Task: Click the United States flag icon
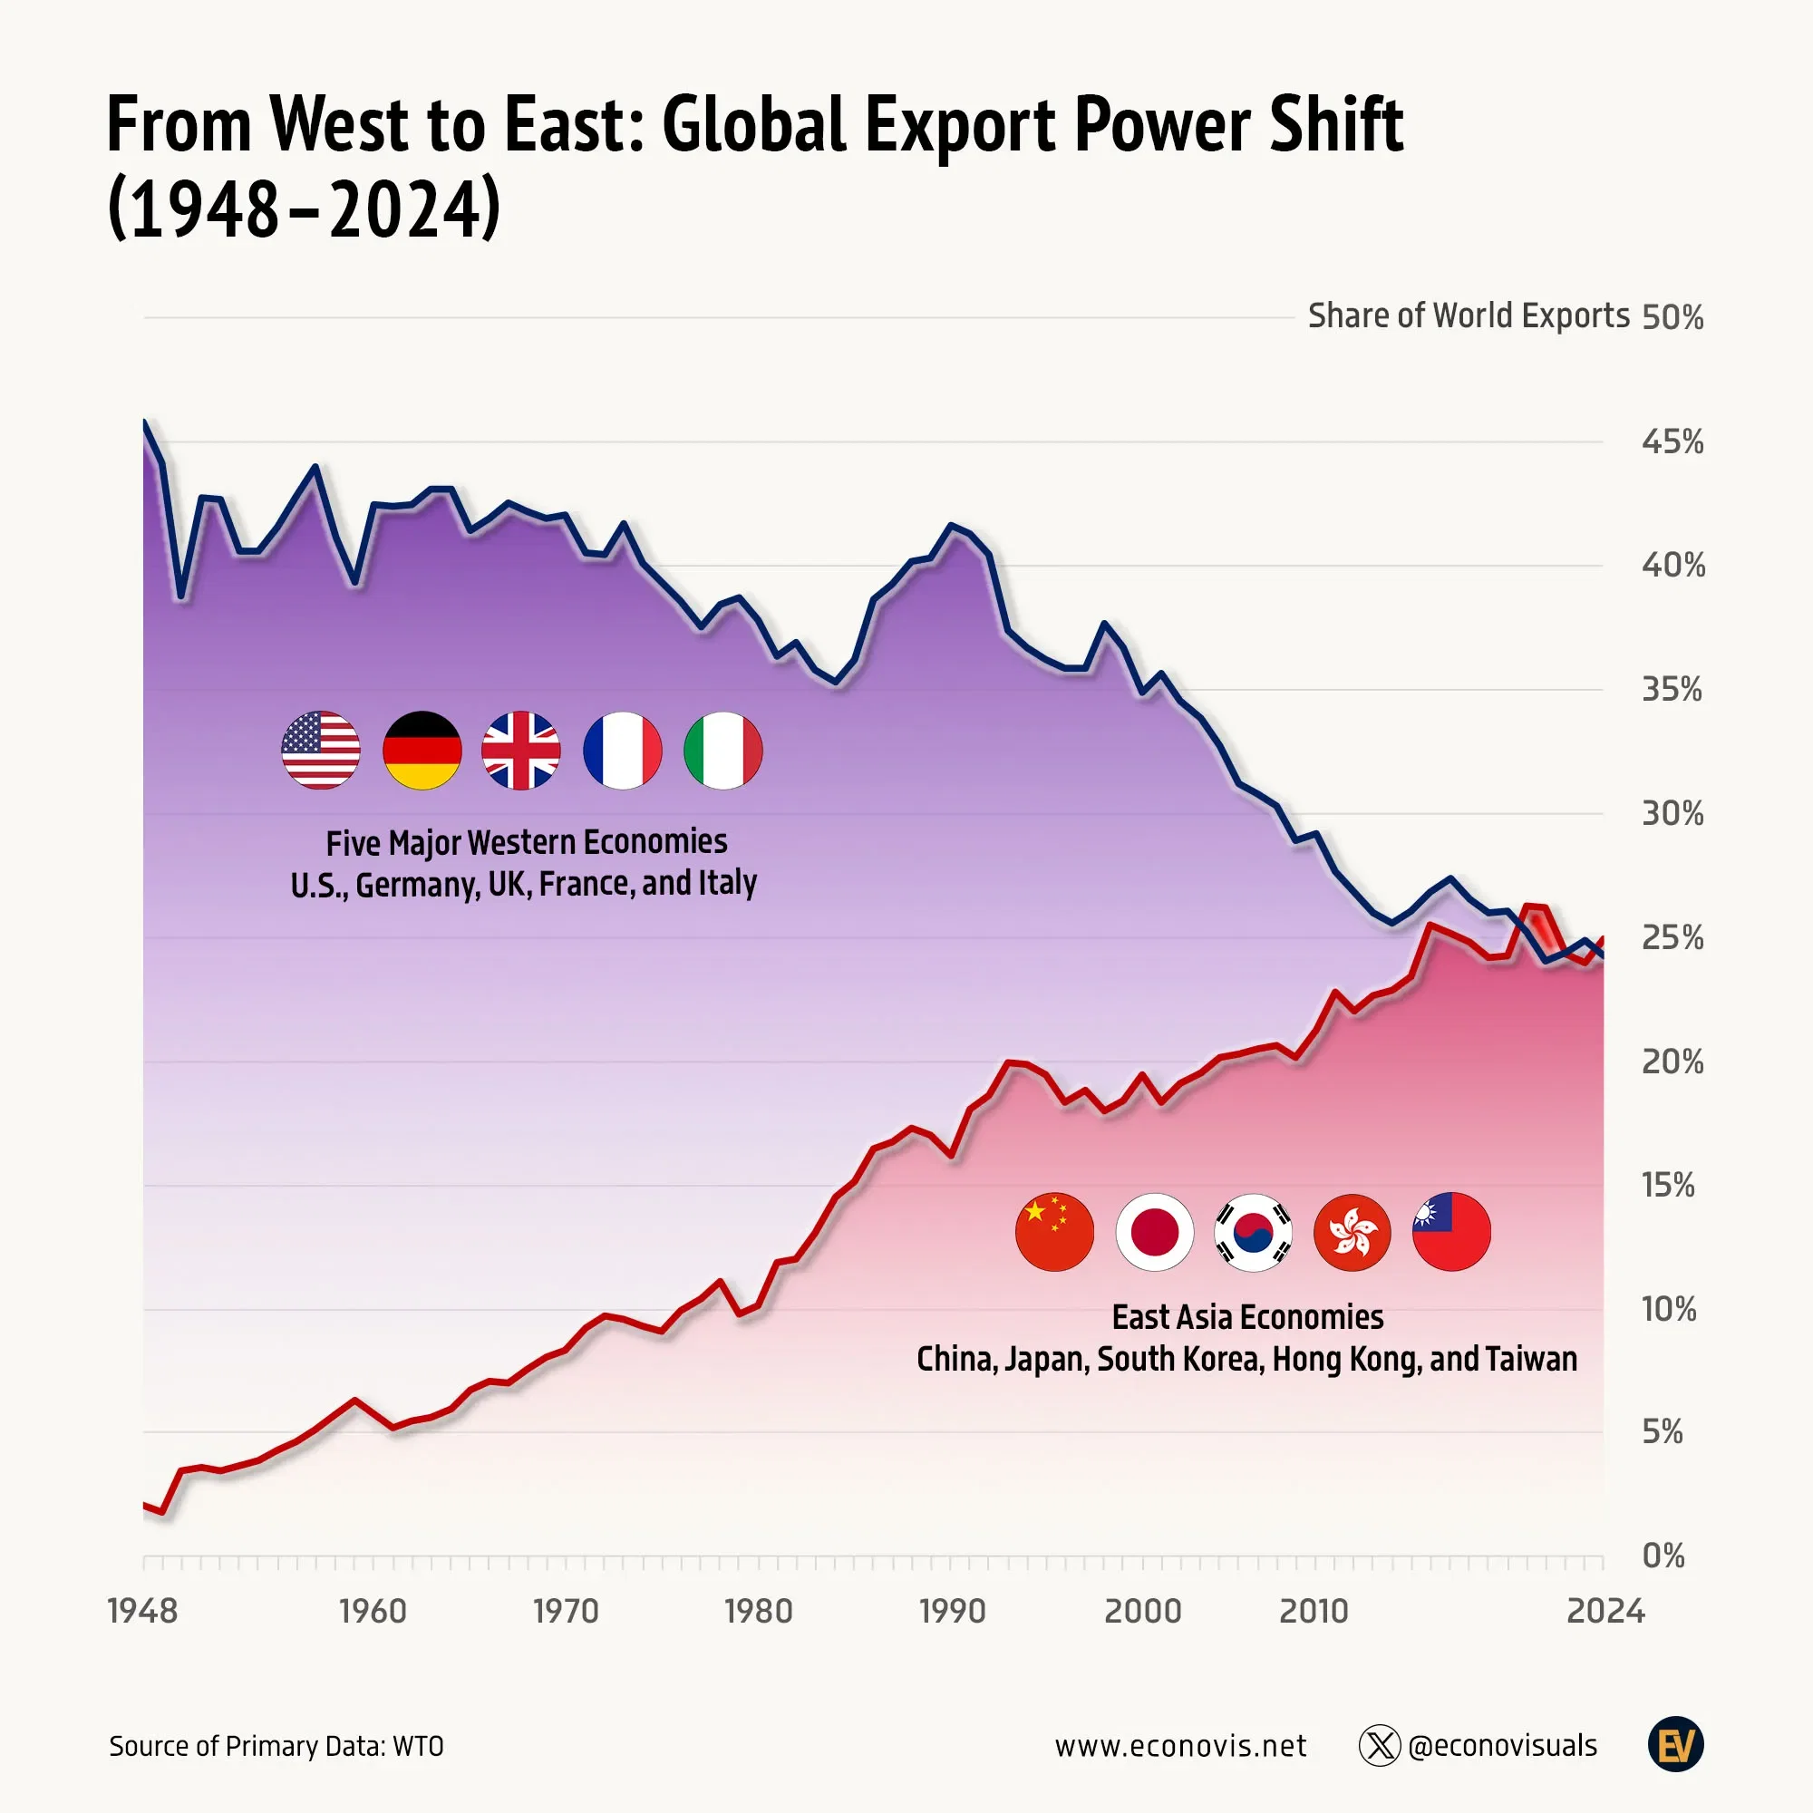(x=321, y=750)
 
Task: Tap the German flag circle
(x=422, y=750)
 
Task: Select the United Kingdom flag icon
(x=521, y=750)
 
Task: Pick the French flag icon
(x=622, y=750)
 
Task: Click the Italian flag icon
(x=722, y=750)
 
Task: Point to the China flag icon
(x=1054, y=1231)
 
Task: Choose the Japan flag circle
(x=1154, y=1231)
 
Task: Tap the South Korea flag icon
(x=1253, y=1231)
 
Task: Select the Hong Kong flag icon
(x=1352, y=1231)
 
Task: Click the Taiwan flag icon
(x=1451, y=1231)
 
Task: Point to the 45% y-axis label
(x=1672, y=441)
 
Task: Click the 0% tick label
(x=1663, y=1556)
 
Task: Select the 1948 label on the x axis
(x=142, y=1611)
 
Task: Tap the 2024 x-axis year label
(x=1605, y=1611)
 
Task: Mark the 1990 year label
(x=953, y=1611)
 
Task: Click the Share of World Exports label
(x=1469, y=316)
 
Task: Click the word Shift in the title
(x=1335, y=125)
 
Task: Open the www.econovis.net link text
(x=1180, y=1745)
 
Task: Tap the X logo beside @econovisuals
(x=1380, y=1745)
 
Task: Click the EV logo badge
(x=1675, y=1744)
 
